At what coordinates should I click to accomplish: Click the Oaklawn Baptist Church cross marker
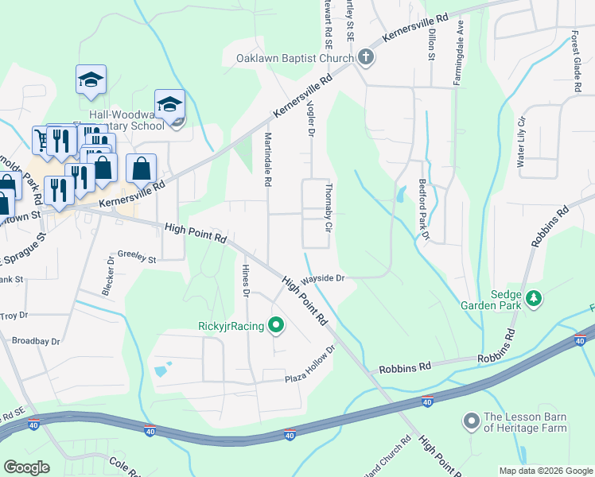click(365, 57)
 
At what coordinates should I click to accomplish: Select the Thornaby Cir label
click(328, 208)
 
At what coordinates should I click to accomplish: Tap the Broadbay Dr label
click(36, 341)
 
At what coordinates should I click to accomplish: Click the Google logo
click(26, 467)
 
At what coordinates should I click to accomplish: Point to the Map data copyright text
click(546, 471)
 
